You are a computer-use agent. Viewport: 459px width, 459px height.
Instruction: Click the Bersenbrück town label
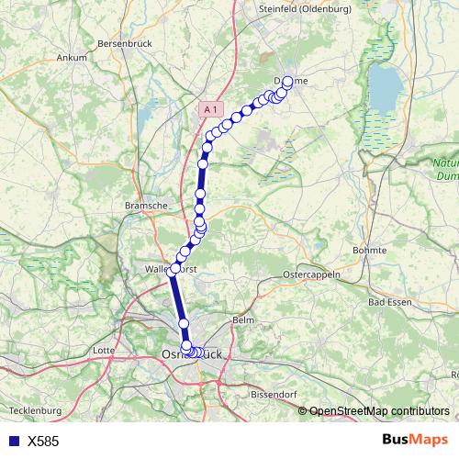(124, 43)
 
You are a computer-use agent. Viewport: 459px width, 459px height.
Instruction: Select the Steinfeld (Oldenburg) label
(292, 9)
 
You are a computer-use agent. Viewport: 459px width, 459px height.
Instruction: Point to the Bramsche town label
(146, 207)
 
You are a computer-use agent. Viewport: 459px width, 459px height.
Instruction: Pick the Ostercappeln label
(311, 274)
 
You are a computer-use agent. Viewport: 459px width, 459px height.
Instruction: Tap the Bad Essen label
(388, 301)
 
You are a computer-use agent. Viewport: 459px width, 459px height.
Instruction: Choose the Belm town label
(243, 319)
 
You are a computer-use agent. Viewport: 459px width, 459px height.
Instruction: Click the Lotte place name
(104, 350)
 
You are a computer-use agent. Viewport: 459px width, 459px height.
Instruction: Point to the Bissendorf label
(273, 395)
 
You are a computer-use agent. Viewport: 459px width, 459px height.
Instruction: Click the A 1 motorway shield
(211, 109)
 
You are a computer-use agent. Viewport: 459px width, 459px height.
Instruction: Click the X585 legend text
(43, 442)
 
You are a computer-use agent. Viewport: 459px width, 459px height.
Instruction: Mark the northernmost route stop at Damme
(287, 82)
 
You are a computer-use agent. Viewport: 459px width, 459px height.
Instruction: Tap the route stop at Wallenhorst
(174, 270)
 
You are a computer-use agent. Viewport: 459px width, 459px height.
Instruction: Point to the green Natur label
(445, 163)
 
